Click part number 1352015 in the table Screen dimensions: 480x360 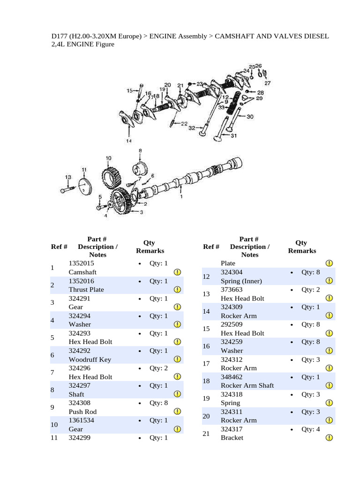point(81,263)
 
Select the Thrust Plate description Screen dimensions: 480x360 point(86,290)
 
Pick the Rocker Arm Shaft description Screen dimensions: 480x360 point(247,385)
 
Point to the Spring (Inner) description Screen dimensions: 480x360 point(241,281)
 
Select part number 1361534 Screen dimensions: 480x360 point(81,420)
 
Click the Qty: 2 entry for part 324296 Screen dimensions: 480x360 point(158,368)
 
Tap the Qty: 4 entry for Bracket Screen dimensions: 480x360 point(311,429)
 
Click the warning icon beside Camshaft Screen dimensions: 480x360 point(178,272)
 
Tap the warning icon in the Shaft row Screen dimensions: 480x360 point(178,394)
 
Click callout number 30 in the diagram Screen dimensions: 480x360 point(250,116)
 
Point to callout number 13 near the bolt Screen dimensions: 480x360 point(68,177)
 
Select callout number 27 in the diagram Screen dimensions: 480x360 point(268,83)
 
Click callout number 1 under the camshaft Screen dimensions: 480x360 point(181,197)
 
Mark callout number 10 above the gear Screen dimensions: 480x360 point(108,158)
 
